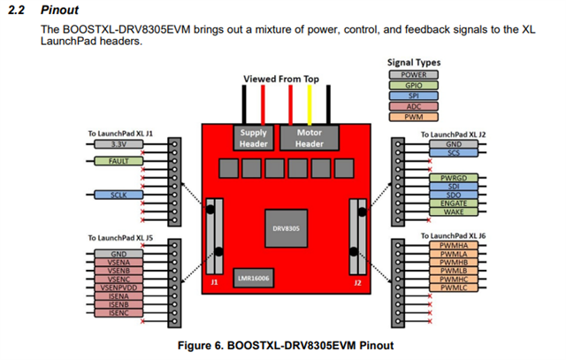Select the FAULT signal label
(119, 162)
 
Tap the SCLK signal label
(119, 194)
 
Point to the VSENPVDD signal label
(119, 287)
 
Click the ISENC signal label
(119, 312)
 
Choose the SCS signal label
(454, 152)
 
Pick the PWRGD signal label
(454, 178)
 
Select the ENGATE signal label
(454, 203)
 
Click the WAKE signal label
(454, 212)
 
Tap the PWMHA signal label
(454, 246)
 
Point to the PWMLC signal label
(454, 287)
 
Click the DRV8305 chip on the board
(285, 227)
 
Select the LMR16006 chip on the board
(254, 278)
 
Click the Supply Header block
(254, 137)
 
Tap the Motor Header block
(309, 137)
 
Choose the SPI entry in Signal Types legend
(414, 96)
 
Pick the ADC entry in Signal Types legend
(414, 106)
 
